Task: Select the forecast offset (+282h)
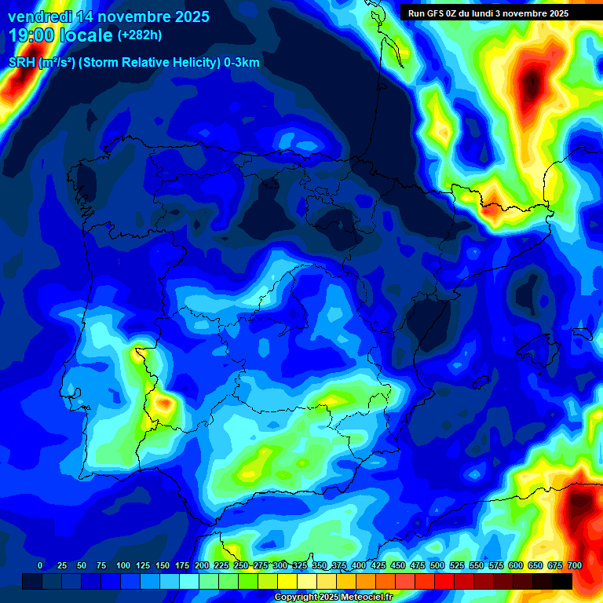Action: pos(140,35)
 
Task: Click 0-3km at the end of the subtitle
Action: pos(241,62)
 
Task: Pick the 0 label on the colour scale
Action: pos(40,565)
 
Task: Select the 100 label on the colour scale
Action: pos(122,565)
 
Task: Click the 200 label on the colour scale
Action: pos(202,565)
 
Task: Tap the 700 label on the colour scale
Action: pos(574,565)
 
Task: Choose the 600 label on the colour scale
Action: pos(516,565)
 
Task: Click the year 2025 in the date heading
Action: pos(188,16)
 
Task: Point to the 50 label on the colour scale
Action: pos(82,565)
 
